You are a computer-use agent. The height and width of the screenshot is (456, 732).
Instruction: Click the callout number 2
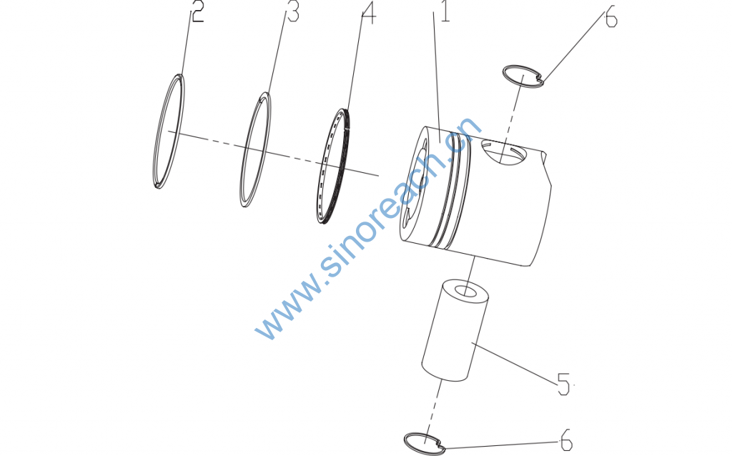pyautogui.click(x=197, y=13)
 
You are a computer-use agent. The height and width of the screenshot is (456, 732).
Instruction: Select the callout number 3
pyautogui.click(x=292, y=13)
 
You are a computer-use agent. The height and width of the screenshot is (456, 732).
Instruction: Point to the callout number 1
pyautogui.click(x=445, y=11)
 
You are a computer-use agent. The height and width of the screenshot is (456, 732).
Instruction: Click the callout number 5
pyautogui.click(x=563, y=385)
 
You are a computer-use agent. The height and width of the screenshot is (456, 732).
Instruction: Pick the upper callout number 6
pyautogui.click(x=611, y=19)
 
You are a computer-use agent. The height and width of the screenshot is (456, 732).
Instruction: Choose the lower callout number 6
pyautogui.click(x=566, y=440)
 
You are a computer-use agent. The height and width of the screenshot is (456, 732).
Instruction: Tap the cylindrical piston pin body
pyautogui.click(x=455, y=330)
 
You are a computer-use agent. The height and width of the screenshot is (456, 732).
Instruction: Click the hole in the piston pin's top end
pyautogui.click(x=464, y=291)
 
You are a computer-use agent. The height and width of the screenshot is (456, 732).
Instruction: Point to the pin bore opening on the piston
pyautogui.click(x=503, y=153)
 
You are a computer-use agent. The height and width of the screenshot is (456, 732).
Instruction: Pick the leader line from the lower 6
pyautogui.click(x=502, y=445)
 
